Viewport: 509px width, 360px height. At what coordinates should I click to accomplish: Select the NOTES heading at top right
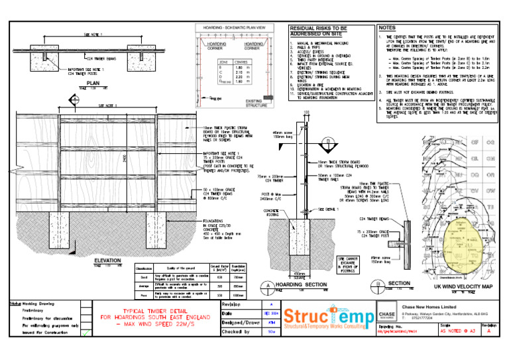(x=388, y=28)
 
